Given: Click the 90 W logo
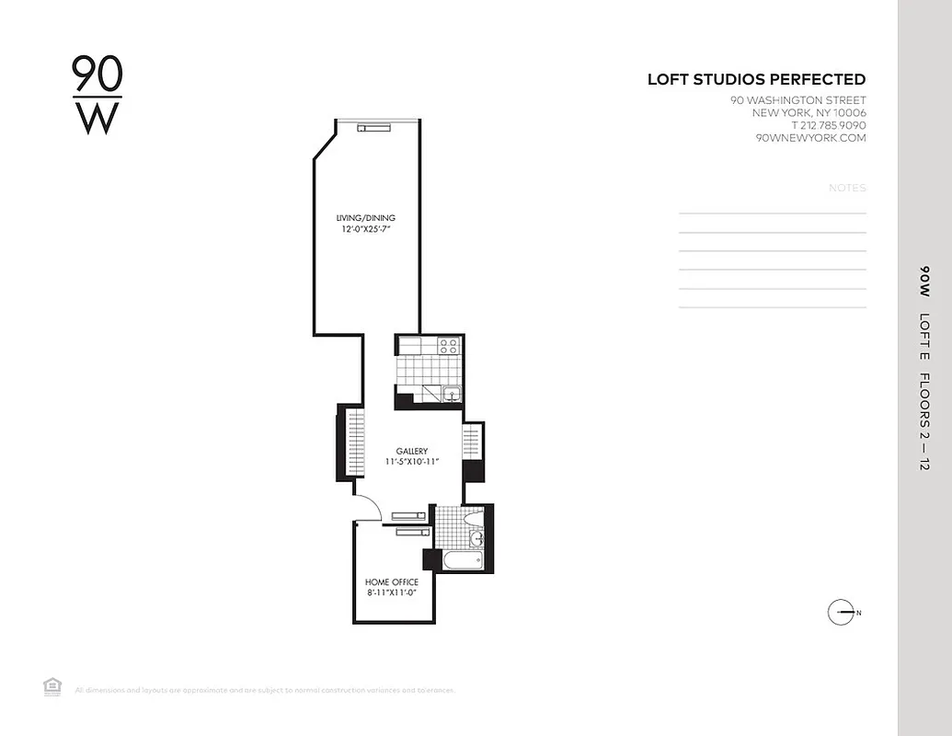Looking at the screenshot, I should [97, 95].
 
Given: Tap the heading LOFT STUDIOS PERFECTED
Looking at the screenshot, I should [756, 80].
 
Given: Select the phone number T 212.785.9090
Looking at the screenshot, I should [815, 125].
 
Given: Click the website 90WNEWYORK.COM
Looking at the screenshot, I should [809, 138].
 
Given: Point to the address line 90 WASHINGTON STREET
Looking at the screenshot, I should [797, 100].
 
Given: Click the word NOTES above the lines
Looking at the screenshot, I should [847, 188].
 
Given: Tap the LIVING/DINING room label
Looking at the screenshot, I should [365, 218].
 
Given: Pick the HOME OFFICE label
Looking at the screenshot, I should [392, 582].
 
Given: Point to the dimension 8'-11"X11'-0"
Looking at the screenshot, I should [392, 593].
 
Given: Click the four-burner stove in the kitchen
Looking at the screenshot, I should [448, 346].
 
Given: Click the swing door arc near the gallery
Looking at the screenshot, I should [366, 507].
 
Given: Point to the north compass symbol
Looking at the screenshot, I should [842, 612].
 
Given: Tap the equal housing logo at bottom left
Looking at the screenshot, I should [52, 685].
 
